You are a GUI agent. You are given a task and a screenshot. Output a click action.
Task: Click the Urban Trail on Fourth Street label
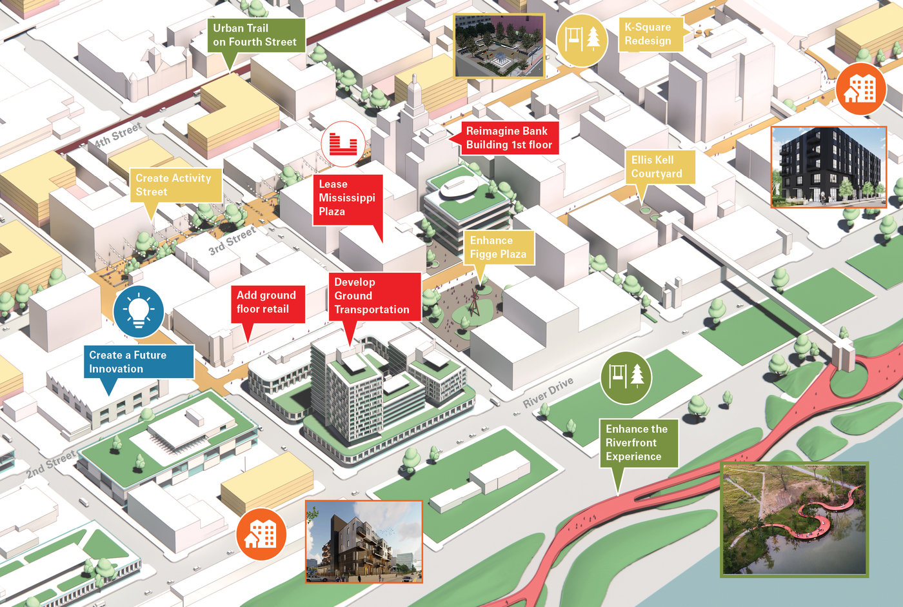255,35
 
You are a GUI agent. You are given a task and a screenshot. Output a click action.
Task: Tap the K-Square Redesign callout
648,34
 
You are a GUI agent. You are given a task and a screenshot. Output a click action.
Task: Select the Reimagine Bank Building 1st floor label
509,138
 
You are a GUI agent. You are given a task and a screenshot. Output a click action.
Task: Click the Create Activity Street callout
173,185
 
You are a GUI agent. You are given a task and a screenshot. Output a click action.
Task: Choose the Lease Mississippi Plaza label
347,198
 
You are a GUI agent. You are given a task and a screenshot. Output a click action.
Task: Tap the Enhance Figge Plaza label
498,248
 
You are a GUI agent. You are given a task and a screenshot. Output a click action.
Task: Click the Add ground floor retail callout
266,302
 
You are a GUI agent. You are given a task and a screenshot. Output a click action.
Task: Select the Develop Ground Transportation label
372,296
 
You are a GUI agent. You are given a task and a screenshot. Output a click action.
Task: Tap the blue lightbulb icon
139,311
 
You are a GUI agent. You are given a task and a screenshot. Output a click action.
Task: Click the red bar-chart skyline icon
343,143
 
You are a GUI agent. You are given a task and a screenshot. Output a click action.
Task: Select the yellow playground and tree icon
582,40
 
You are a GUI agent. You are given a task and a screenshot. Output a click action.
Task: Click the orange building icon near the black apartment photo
861,89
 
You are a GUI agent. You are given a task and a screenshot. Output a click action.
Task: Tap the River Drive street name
548,393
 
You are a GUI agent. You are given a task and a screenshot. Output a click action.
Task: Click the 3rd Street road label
232,241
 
